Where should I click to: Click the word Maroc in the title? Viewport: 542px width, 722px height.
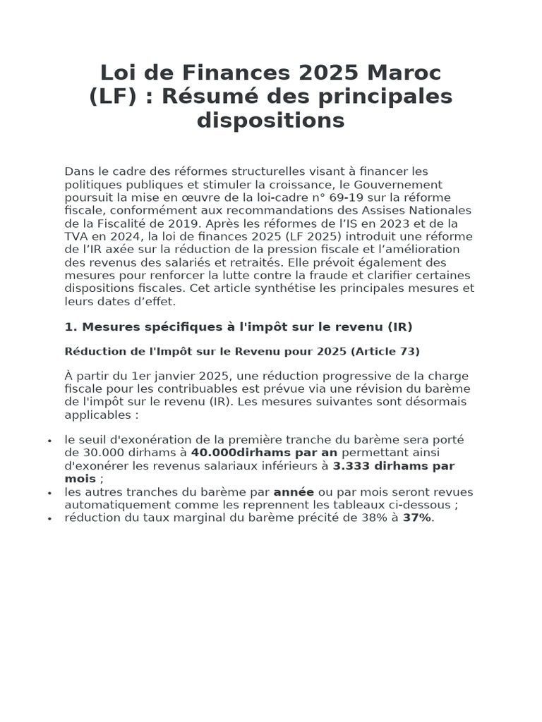(x=409, y=73)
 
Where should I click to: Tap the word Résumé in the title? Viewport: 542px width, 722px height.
(x=205, y=97)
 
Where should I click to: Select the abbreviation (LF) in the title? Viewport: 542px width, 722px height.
(x=112, y=97)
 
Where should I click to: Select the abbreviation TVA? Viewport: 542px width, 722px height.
(x=78, y=236)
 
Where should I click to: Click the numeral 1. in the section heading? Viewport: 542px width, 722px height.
(x=70, y=327)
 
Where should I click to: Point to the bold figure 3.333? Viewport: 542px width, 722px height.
(x=352, y=466)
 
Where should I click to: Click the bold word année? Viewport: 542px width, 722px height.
(x=294, y=492)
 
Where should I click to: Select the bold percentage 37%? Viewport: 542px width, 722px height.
(x=416, y=518)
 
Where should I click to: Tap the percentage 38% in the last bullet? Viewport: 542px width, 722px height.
(x=372, y=518)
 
